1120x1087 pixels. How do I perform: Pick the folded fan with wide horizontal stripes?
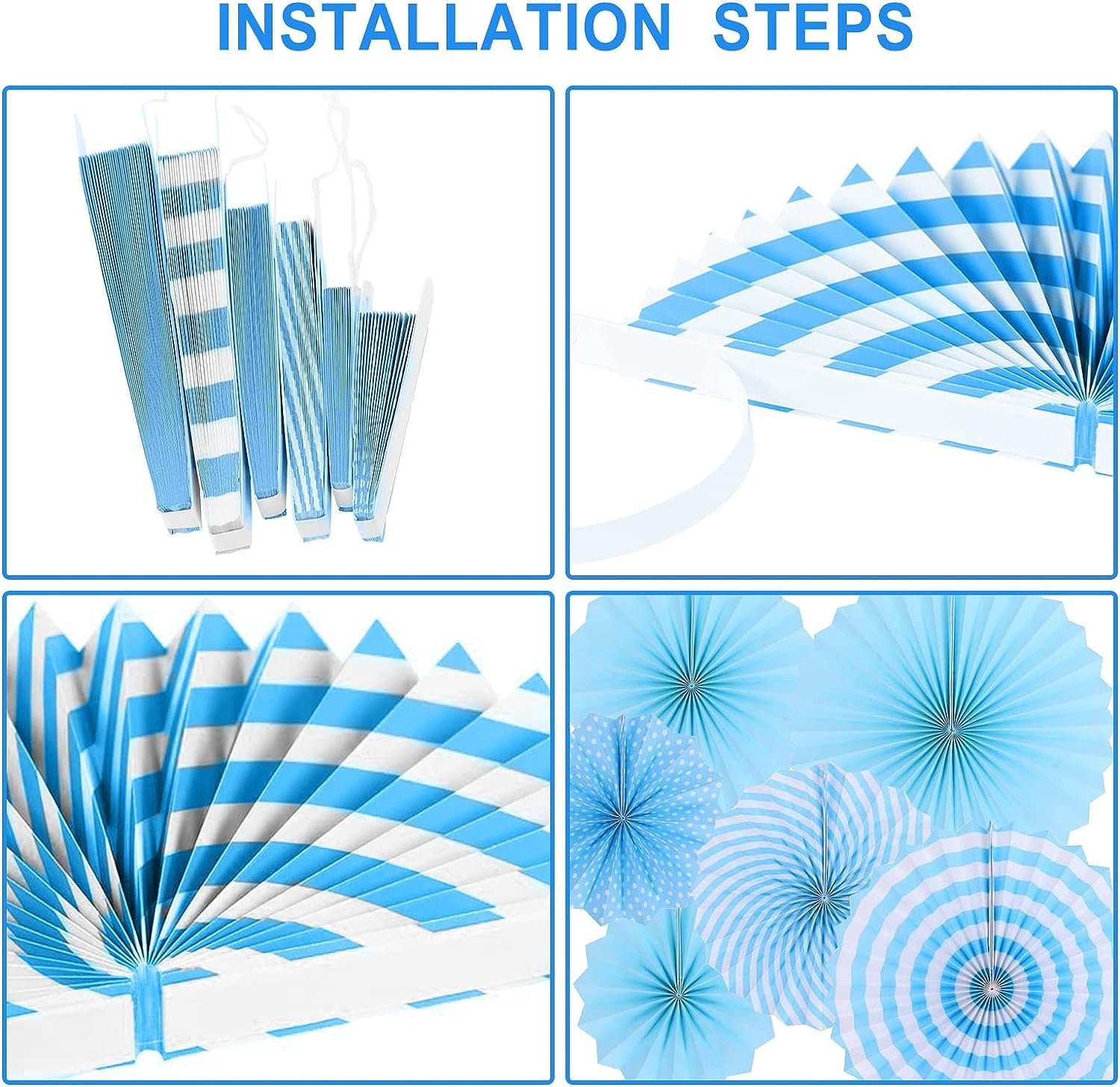(x=209, y=344)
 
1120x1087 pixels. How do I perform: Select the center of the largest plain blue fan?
(x=952, y=725)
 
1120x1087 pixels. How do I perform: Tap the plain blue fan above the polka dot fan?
(x=691, y=680)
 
